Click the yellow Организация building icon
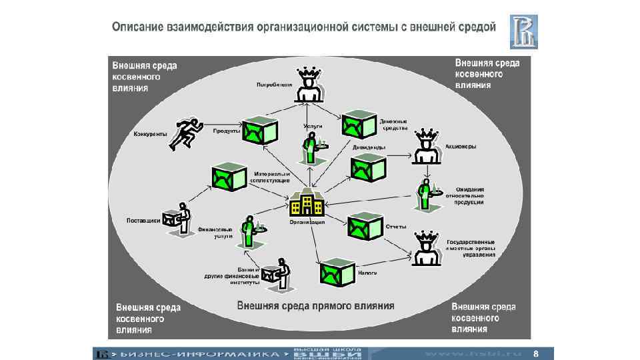coord(306,202)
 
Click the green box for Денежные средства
coord(358,125)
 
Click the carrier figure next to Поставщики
coord(177,219)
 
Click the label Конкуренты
coord(150,133)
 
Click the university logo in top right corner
coord(523,31)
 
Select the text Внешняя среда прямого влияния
coord(316,306)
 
